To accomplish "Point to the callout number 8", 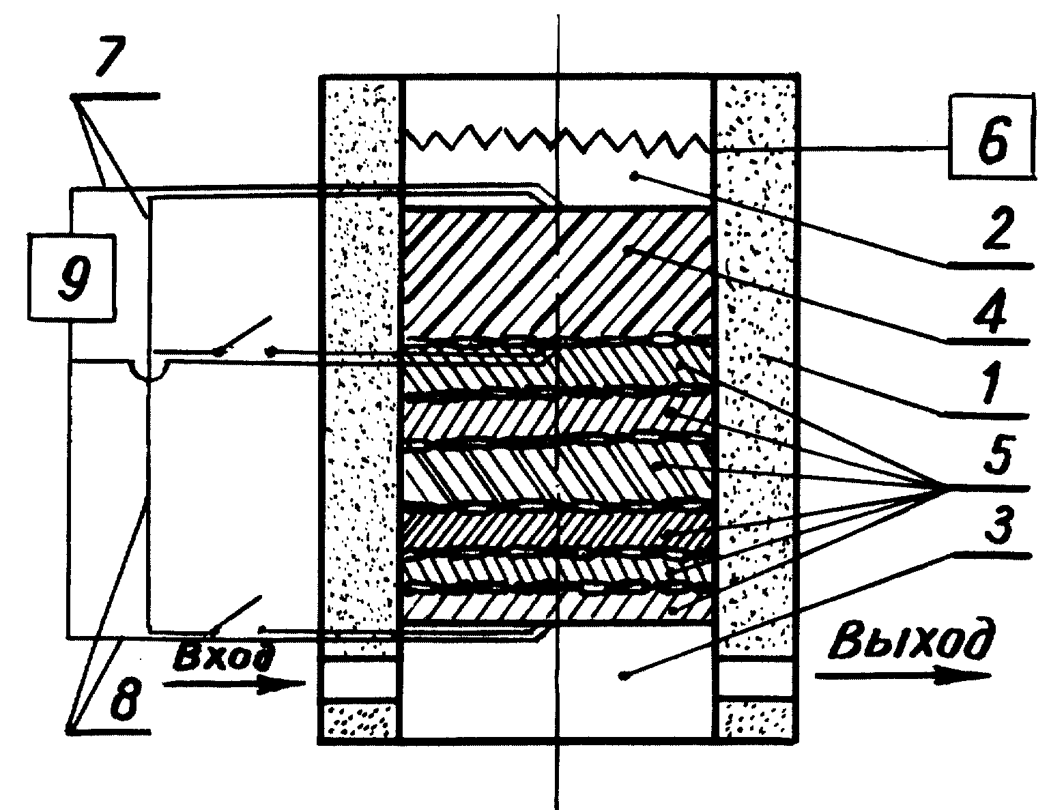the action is coord(125,699).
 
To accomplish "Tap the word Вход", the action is coord(224,658).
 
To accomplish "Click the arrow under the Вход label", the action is coord(235,684).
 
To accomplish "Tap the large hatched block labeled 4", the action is coord(558,272).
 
